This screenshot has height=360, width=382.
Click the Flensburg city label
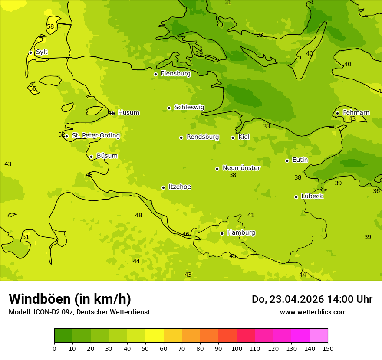pos(175,74)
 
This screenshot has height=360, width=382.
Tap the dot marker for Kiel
pos(233,137)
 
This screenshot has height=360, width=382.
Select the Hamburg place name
pos(241,233)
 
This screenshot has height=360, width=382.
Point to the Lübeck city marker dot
pos(296,197)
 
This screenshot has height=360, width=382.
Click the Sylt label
pos(42,52)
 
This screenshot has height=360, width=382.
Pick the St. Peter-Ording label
pos(95,136)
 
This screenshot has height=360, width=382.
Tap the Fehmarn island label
pos(356,113)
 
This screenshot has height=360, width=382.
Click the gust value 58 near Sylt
pos(50,27)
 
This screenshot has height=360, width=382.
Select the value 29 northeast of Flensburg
pos(199,54)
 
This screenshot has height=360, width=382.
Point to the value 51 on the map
pos(26,237)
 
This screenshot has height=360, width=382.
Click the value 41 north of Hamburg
pos(251,216)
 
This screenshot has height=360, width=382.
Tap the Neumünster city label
pos(241,168)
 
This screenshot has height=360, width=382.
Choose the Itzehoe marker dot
pos(163,187)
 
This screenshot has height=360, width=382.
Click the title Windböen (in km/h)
pos(70,299)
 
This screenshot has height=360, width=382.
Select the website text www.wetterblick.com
pos(313,312)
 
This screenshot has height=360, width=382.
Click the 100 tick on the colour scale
pos(237,348)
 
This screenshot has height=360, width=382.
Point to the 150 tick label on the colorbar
pos(328,348)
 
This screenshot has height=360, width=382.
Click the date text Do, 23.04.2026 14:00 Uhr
pos(312,299)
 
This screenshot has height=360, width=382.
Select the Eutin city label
pos(300,160)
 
